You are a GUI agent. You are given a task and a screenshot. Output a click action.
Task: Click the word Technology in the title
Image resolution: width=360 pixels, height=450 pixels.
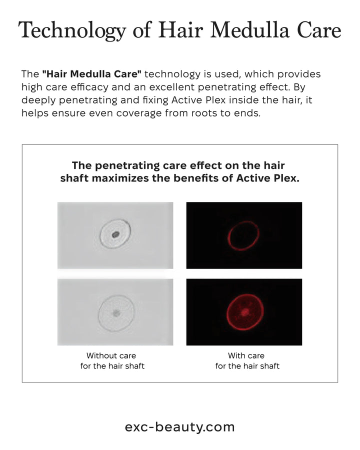click(72, 30)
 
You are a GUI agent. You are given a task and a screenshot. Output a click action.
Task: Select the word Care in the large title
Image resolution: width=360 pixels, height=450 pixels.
click(319, 30)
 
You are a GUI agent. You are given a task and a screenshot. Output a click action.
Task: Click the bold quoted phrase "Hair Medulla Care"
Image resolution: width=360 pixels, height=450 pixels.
click(91, 74)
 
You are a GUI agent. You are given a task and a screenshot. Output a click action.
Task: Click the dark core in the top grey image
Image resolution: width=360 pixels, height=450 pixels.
click(115, 235)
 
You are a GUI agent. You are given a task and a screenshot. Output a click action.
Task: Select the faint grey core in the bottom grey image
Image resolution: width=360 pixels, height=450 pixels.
click(116, 313)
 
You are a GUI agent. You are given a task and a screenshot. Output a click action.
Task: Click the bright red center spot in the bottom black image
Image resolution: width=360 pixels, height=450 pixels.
click(245, 311)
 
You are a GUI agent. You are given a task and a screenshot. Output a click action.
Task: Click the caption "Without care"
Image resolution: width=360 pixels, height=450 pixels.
click(111, 355)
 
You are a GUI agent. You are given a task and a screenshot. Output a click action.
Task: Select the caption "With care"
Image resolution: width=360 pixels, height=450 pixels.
click(246, 355)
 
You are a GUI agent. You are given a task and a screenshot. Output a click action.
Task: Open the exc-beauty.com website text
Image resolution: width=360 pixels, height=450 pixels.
click(179, 427)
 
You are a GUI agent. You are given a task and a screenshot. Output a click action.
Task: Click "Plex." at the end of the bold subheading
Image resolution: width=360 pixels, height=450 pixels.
click(286, 178)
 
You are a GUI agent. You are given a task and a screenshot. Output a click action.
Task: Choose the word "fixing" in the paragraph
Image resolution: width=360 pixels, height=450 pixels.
click(155, 100)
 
